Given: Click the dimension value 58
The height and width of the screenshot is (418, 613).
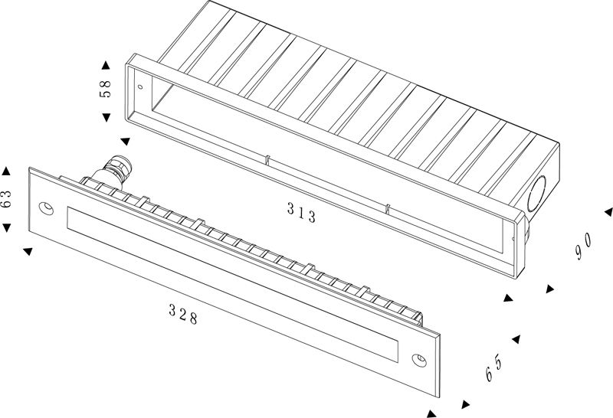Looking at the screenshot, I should click(x=106, y=89).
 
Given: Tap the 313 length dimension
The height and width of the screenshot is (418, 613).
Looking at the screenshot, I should click(x=301, y=213).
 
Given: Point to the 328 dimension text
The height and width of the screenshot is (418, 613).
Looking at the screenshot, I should click(x=183, y=314).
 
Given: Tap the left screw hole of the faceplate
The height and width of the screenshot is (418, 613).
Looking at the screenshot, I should click(x=46, y=207).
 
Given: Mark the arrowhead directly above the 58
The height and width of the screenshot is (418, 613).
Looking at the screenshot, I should click(x=106, y=64).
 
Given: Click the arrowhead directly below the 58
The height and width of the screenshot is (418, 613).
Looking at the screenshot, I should click(x=106, y=116).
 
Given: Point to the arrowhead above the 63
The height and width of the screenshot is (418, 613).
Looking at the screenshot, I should click(x=6, y=171).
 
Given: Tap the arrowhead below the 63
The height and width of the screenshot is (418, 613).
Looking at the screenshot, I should click(x=6, y=228).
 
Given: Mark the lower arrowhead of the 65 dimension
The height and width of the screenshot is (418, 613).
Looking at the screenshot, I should click(x=464, y=404).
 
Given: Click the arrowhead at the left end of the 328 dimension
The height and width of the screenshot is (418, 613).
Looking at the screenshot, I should click(x=28, y=251).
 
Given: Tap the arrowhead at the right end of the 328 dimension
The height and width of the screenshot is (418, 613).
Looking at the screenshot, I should click(x=431, y=413).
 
